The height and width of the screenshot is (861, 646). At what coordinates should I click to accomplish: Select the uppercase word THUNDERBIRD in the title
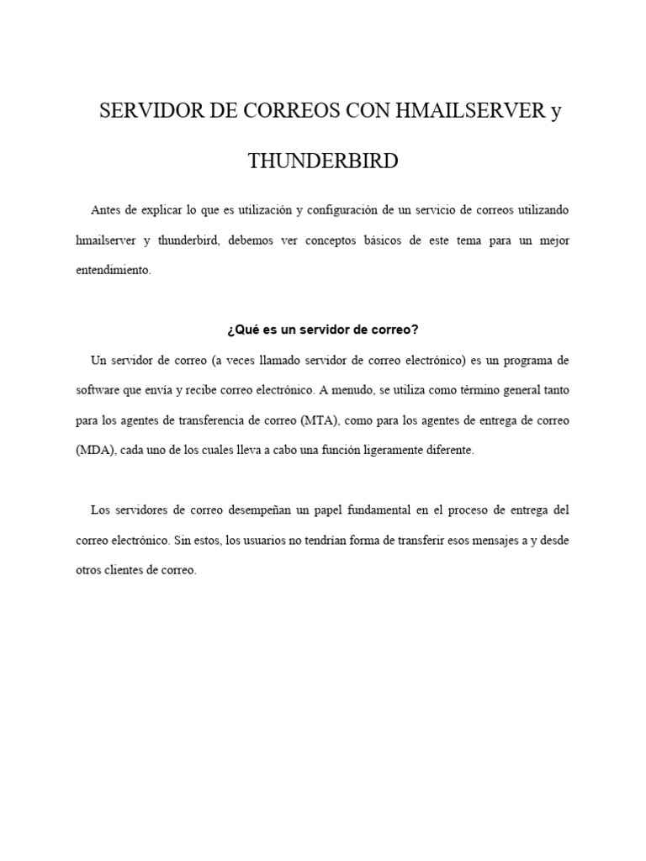[323, 161]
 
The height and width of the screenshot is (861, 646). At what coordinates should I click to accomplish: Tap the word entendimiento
[113, 271]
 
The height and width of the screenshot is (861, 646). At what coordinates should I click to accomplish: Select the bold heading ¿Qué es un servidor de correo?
[323, 329]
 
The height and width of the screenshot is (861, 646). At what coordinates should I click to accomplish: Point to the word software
[97, 390]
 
